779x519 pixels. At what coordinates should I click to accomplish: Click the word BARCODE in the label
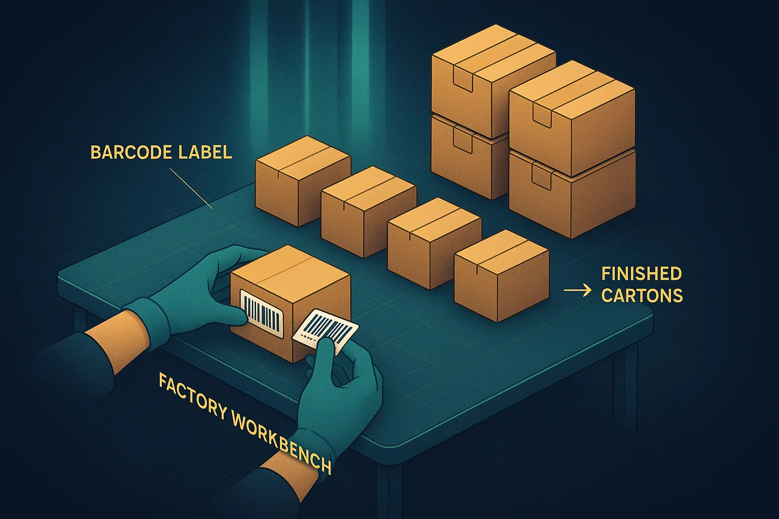tap(132, 153)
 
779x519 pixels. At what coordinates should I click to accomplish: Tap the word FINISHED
tap(641, 274)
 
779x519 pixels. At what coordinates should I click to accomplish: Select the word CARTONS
tap(642, 295)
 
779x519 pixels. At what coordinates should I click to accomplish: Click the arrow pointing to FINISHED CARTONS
tap(577, 290)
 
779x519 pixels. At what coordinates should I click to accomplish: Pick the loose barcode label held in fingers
tap(325, 332)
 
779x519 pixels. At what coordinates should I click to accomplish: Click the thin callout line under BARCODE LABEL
tap(191, 189)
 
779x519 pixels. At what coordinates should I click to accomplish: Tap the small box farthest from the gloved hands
tap(303, 181)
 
